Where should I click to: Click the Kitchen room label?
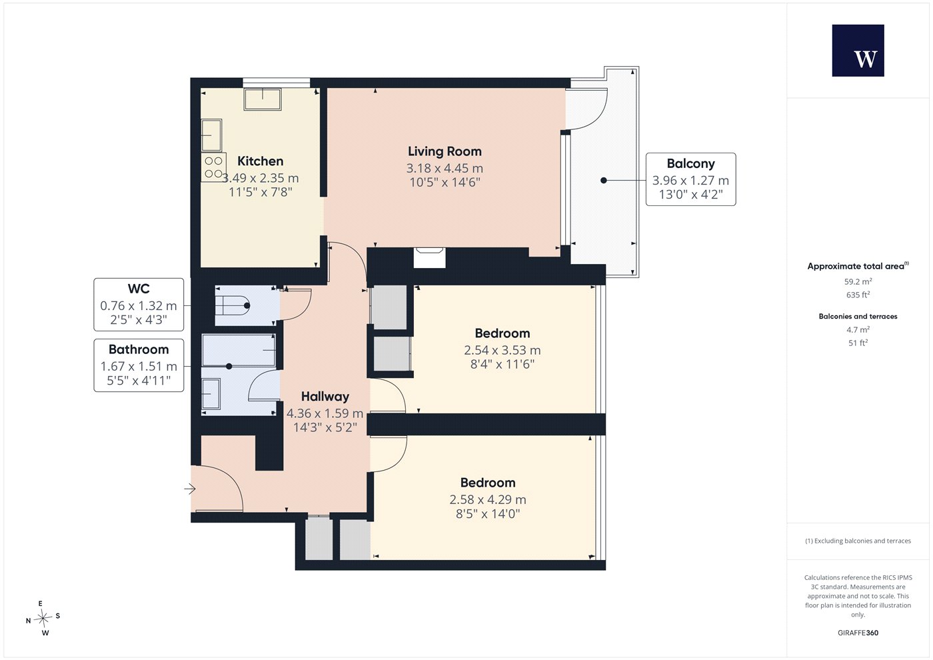pos(261,161)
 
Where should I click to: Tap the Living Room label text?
pos(445,152)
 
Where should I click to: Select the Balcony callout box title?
pos(690,164)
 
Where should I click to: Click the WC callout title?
pos(139,289)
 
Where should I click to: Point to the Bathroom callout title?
pos(139,349)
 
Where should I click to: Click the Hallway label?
pos(325,397)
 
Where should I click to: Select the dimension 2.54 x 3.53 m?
pos(502,351)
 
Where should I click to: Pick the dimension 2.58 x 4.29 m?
pos(488,499)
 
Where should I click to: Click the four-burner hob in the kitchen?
pos(214,167)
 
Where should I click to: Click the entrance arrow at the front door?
pos(190,489)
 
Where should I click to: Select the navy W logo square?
pos(858,51)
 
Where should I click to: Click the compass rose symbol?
pos(43,618)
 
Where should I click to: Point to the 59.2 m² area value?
pos(858,281)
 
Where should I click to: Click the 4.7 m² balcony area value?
pos(858,329)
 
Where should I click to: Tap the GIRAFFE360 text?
pos(858,633)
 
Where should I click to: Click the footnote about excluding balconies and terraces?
pos(858,541)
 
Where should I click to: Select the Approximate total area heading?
pos(858,266)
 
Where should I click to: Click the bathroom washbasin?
pos(211,394)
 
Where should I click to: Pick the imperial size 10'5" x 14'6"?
pos(445,183)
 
